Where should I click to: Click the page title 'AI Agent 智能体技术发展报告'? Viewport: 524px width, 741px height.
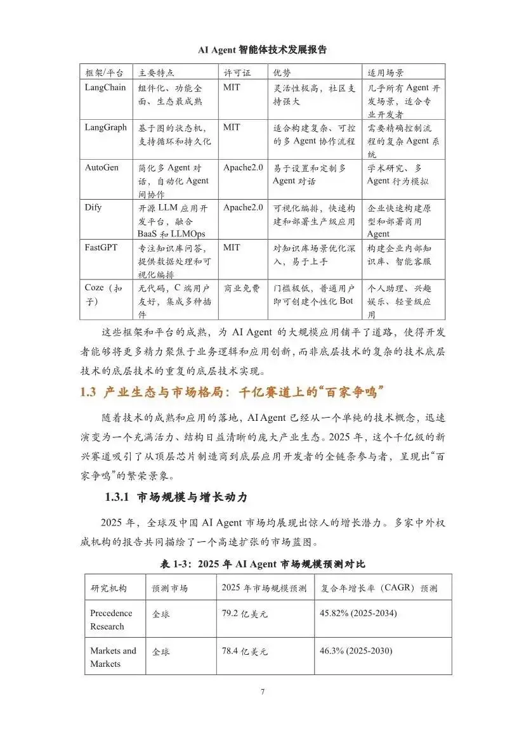pyautogui.click(x=262, y=49)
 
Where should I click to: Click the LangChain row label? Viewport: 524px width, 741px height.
pyautogui.click(x=105, y=87)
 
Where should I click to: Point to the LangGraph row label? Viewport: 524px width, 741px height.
pyautogui.click(x=106, y=127)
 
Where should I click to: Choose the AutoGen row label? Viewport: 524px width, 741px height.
pyautogui.click(x=102, y=167)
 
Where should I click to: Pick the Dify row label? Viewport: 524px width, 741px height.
pyautogui.click(x=93, y=207)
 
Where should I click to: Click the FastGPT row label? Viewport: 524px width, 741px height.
pyautogui.click(x=102, y=247)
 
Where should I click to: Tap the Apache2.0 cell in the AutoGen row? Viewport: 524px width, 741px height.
pyautogui.click(x=243, y=167)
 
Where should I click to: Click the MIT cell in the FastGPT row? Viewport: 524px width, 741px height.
pyautogui.click(x=232, y=247)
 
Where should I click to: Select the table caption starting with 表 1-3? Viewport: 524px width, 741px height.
pyautogui.click(x=262, y=564)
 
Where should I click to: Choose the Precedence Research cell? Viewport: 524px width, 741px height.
pyautogui.click(x=112, y=620)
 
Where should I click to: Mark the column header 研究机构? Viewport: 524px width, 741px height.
pyautogui.click(x=108, y=588)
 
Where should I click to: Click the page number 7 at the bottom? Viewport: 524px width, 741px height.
pyautogui.click(x=263, y=692)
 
